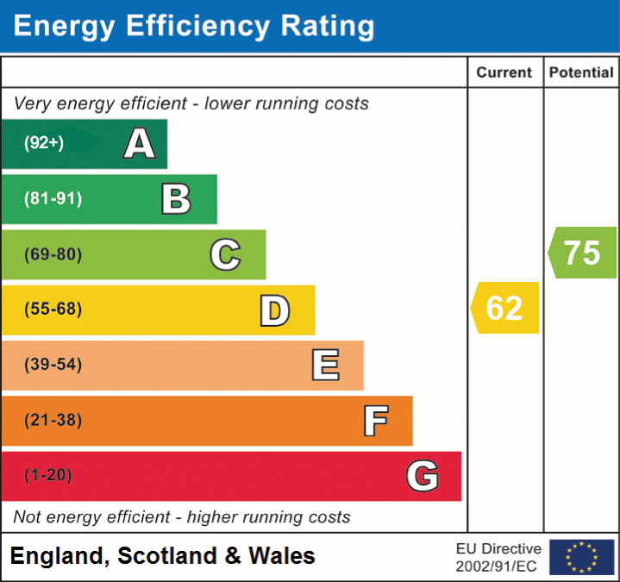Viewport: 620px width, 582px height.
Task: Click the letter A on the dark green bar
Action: coord(140,144)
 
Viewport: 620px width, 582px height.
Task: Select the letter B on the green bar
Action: coord(176,199)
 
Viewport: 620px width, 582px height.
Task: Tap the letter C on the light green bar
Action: coord(225,254)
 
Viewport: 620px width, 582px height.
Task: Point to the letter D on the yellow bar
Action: coord(274,310)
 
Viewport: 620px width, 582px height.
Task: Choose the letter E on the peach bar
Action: coord(324,366)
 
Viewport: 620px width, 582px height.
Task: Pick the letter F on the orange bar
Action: coord(374,421)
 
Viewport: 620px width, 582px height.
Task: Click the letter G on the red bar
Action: coord(423,476)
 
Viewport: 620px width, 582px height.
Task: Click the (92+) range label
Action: coord(44,143)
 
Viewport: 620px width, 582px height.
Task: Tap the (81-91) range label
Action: coord(53,199)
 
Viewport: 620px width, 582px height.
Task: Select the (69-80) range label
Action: coord(53,254)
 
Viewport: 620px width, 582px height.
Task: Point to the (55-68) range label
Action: coord(53,310)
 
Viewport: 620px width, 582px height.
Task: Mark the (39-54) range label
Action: coord(53,365)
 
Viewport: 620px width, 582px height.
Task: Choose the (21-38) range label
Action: coord(53,421)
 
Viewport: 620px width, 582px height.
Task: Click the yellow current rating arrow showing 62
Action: coord(505,308)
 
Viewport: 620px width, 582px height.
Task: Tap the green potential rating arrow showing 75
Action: coord(583,253)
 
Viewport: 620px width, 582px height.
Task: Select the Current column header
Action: coord(504,73)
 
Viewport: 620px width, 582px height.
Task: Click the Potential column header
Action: coord(581,73)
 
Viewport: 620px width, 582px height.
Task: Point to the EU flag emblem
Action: coord(581,557)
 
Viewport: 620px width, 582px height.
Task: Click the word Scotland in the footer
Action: coord(167,556)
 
